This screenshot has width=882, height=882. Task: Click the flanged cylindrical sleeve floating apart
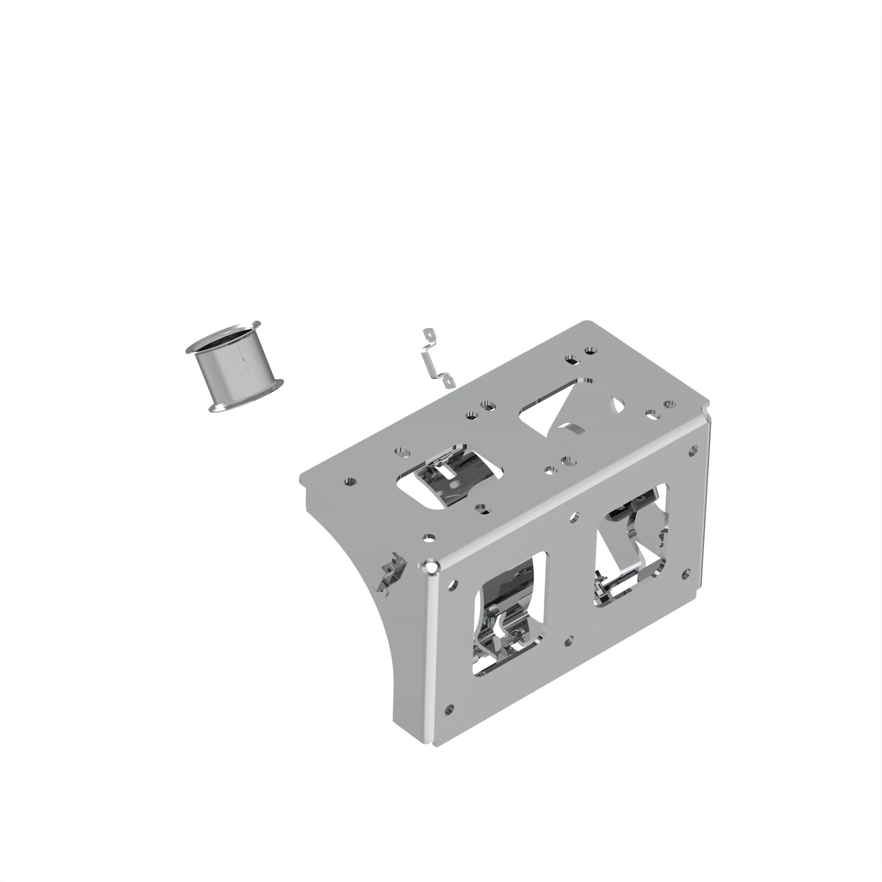coord(237,370)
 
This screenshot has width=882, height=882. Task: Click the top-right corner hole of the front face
coord(693,451)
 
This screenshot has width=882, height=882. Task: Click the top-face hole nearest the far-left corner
coord(350,482)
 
